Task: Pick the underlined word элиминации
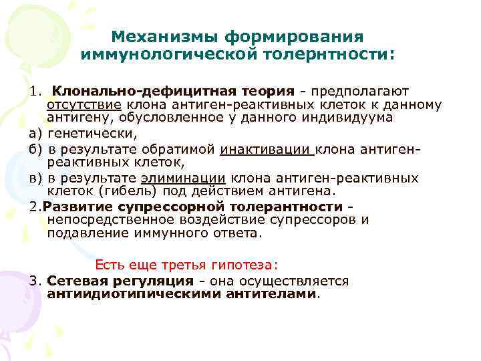point(185,178)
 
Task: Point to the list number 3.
point(33,281)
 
